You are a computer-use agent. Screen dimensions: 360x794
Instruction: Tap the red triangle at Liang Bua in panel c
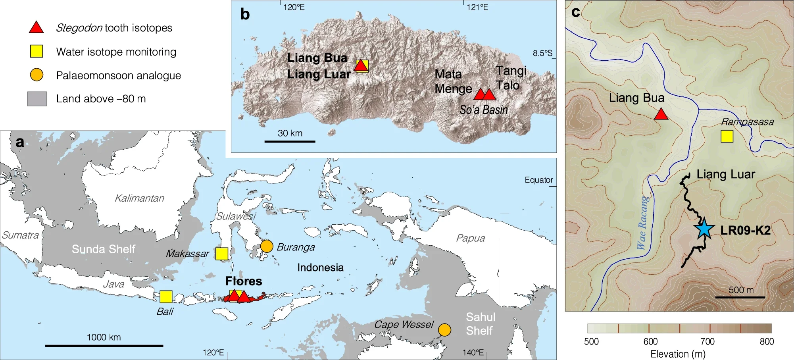(661, 115)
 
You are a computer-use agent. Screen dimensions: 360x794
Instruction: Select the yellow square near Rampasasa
(727, 136)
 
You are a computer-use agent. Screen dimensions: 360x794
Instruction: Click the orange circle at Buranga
(267, 246)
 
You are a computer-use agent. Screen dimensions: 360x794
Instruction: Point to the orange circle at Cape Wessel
(444, 329)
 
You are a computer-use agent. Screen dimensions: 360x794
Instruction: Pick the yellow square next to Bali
(166, 297)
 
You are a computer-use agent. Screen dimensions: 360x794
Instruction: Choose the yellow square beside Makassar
(222, 254)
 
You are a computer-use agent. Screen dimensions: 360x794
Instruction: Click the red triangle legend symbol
(37, 27)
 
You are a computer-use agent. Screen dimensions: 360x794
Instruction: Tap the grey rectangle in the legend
(37, 99)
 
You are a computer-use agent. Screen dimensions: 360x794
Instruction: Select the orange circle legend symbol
(37, 75)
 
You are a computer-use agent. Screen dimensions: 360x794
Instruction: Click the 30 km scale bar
(290, 141)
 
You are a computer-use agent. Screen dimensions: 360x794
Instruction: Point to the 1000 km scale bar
(104, 346)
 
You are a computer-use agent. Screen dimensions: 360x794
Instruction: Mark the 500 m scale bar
(740, 297)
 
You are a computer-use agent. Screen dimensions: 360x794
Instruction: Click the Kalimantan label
(139, 198)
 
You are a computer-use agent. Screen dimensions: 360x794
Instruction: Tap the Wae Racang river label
(642, 223)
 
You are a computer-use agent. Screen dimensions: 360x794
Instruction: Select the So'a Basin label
(484, 110)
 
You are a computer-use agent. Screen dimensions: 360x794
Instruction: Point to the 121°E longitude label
(477, 7)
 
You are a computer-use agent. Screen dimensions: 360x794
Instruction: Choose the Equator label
(538, 180)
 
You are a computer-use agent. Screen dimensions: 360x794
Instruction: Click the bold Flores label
(244, 281)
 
